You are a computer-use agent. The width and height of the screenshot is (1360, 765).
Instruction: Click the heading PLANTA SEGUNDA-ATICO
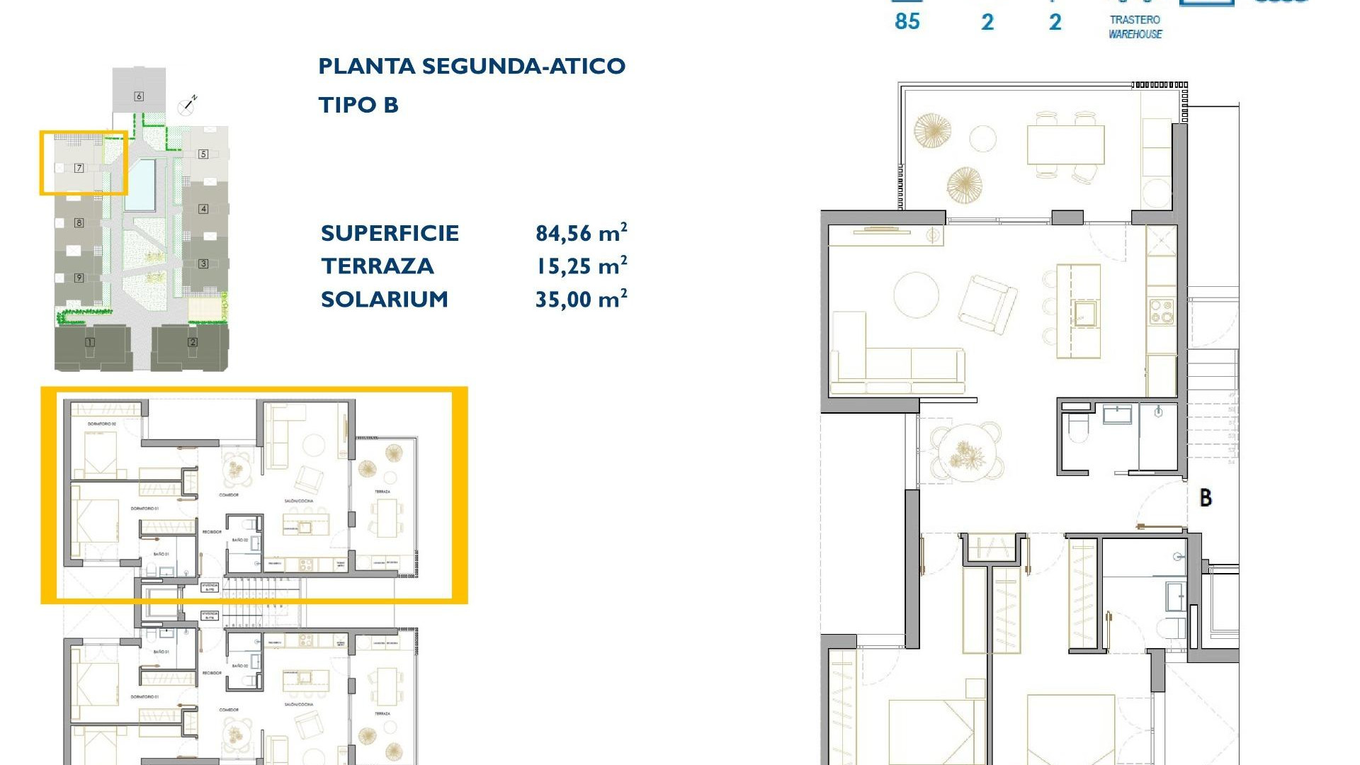click(472, 67)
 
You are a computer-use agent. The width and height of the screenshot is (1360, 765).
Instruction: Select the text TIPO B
click(358, 106)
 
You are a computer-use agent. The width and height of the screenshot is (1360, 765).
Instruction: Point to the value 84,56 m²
click(581, 233)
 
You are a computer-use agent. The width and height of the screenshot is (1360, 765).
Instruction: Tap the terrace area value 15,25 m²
click(581, 266)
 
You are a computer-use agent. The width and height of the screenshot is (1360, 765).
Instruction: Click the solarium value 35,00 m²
click(581, 299)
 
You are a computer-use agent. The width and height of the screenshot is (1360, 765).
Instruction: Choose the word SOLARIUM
click(385, 300)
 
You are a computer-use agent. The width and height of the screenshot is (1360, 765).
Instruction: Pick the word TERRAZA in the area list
click(377, 266)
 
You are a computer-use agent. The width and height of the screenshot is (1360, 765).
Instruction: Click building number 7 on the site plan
click(79, 168)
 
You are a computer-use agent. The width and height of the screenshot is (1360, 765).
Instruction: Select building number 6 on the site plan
click(139, 96)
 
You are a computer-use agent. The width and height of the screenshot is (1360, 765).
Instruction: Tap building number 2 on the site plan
click(193, 342)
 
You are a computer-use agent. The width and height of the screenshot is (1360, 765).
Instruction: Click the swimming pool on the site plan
click(140, 184)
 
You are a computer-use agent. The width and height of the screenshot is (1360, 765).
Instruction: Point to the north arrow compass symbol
click(188, 106)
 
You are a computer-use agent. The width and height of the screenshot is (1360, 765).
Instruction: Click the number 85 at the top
click(907, 22)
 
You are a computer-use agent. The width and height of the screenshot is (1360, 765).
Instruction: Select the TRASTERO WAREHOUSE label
click(1135, 27)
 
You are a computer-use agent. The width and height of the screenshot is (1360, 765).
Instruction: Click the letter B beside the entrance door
click(1206, 498)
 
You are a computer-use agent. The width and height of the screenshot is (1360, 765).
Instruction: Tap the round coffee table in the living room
click(917, 295)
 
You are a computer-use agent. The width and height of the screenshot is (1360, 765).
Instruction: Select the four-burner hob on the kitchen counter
click(1161, 312)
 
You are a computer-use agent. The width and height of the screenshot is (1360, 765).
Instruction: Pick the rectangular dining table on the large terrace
click(1065, 144)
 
